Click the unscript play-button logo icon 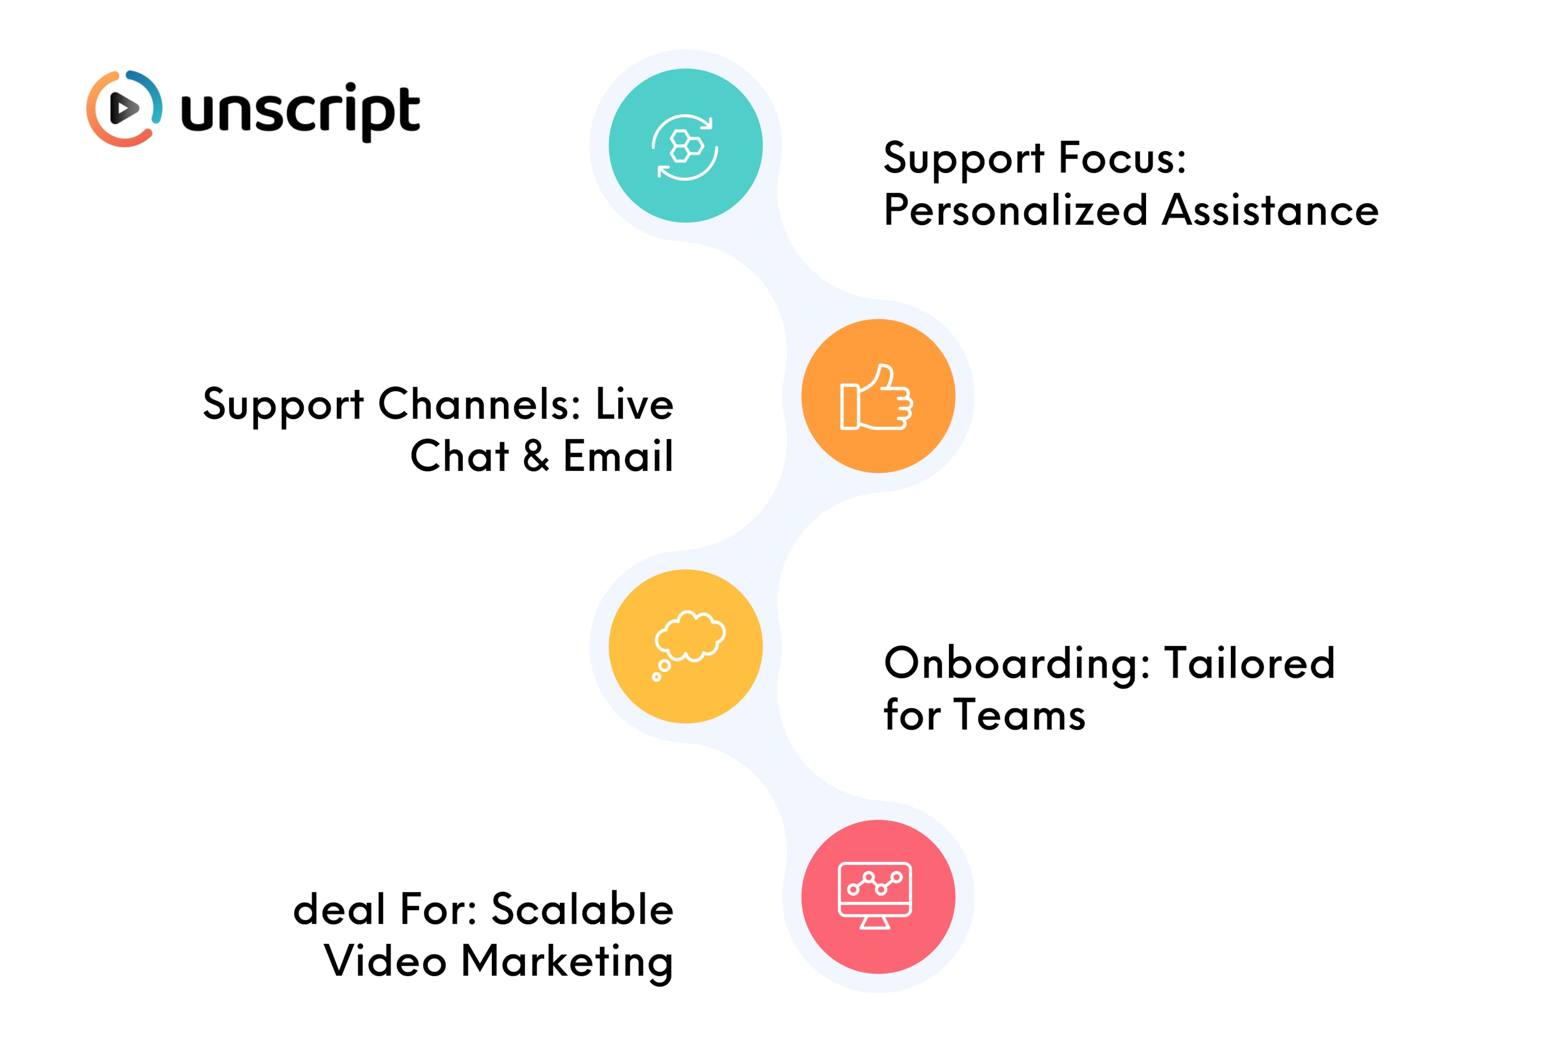pyautogui.click(x=125, y=109)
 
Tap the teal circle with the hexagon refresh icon pyautogui.click(x=685, y=146)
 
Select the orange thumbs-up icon pyautogui.click(x=878, y=396)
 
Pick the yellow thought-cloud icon pyautogui.click(x=685, y=646)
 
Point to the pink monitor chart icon pyautogui.click(x=878, y=897)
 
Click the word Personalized pyautogui.click(x=1016, y=210)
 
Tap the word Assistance pyautogui.click(x=1270, y=210)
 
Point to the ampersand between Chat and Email pyautogui.click(x=536, y=456)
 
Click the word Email pyautogui.click(x=618, y=456)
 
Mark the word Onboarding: pyautogui.click(x=1017, y=663)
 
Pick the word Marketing pyautogui.click(x=567, y=962)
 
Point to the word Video pyautogui.click(x=385, y=961)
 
